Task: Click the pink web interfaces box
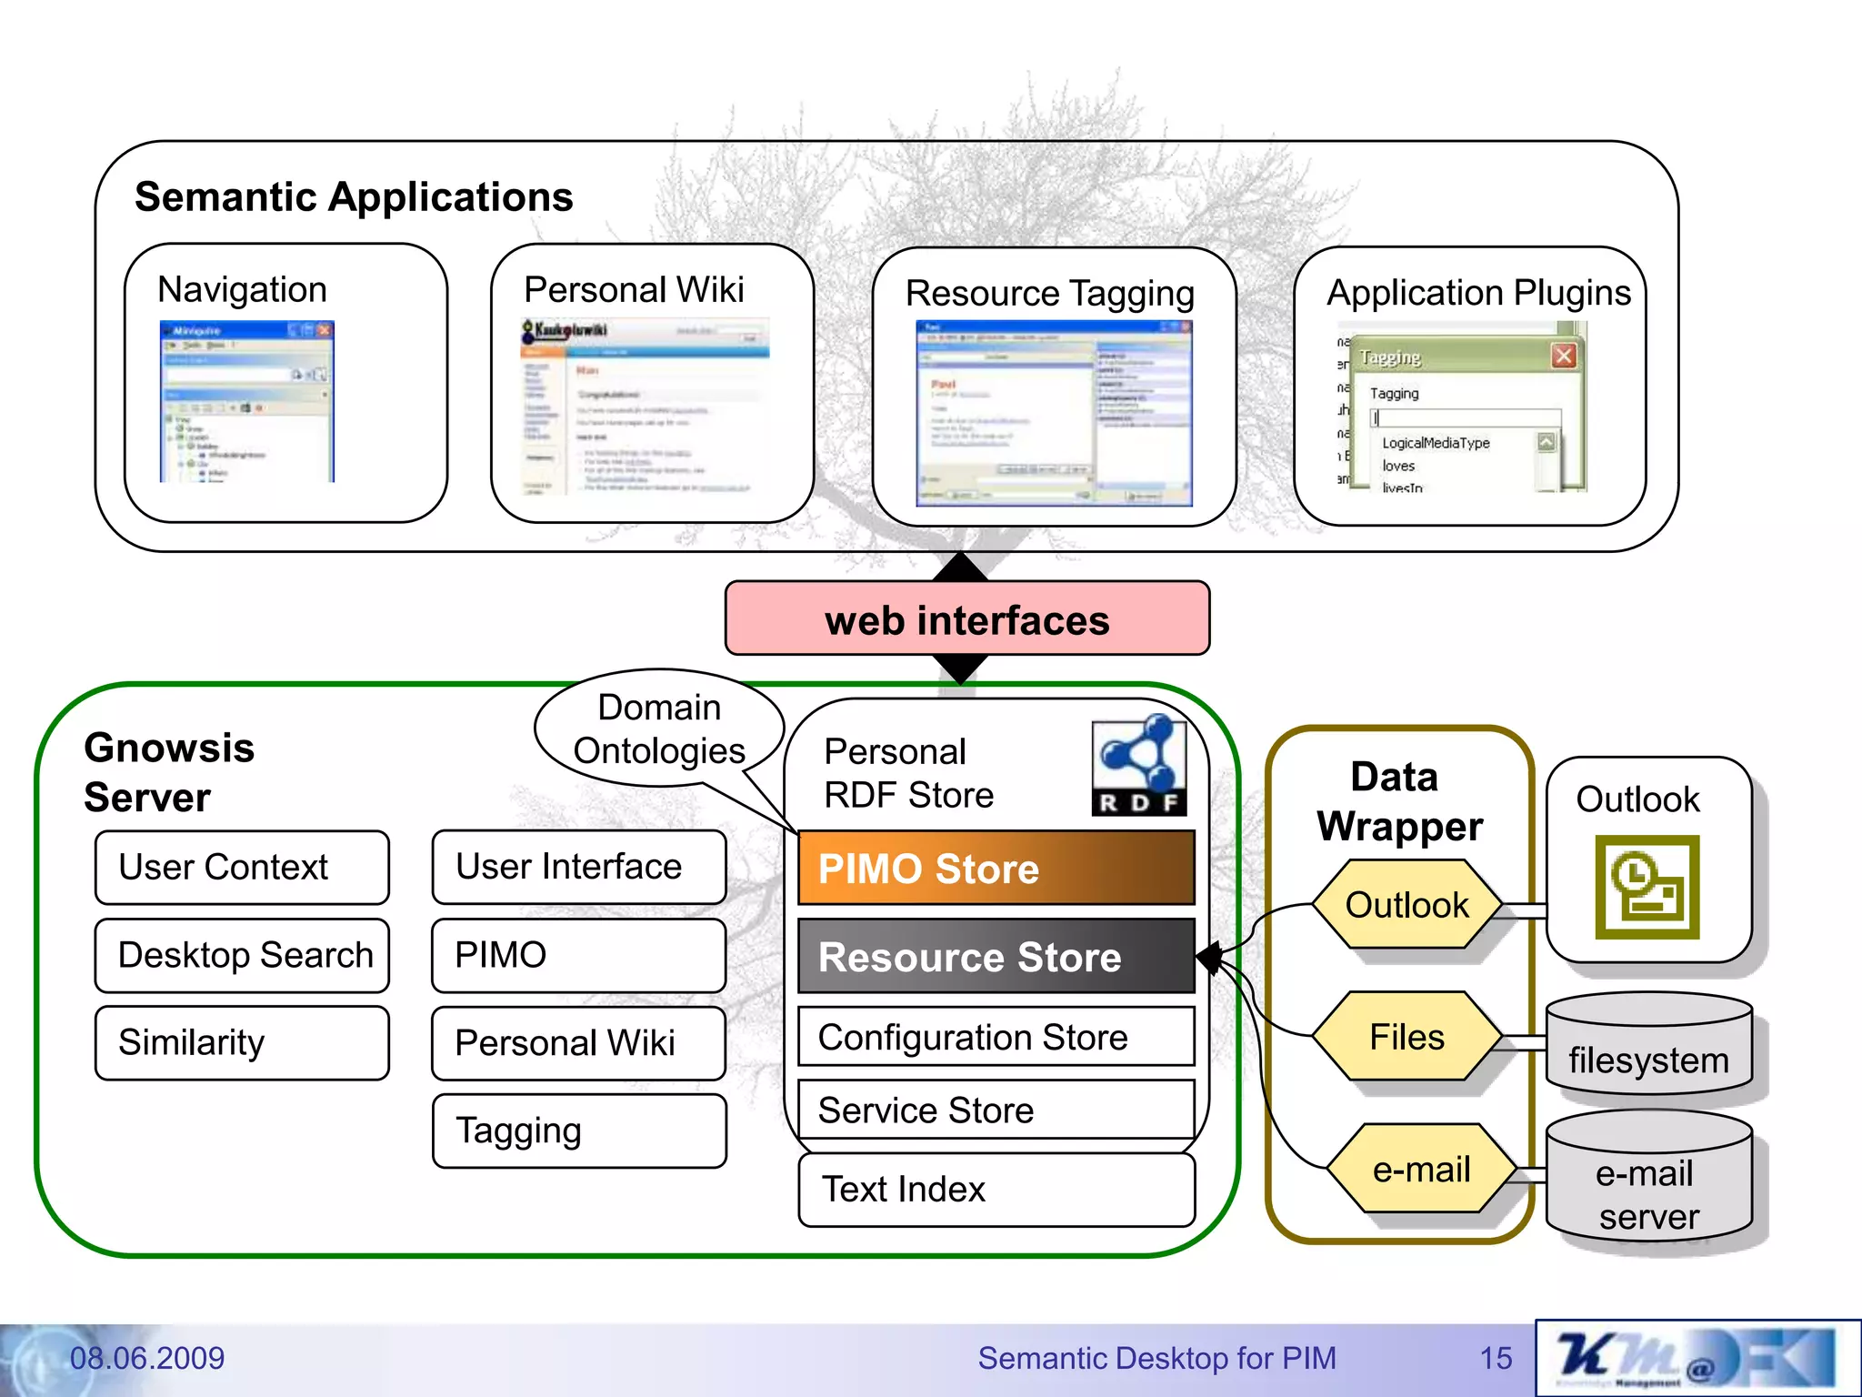[966, 618]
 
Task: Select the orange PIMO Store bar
[996, 868]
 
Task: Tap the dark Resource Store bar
[996, 956]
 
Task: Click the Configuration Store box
[996, 1037]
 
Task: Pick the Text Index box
[996, 1189]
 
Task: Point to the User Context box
[242, 867]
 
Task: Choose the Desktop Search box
[242, 955]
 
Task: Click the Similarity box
[242, 1042]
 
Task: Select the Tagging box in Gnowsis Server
[579, 1131]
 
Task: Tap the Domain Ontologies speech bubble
[659, 729]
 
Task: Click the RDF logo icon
[1138, 765]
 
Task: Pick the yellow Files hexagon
[1407, 1037]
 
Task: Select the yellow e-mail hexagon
[1421, 1170]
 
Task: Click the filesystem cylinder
[1648, 1046]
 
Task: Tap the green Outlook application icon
[1647, 887]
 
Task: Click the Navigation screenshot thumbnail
[247, 401]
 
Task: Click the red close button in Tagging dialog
[1563, 356]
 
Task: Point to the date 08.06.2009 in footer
[147, 1358]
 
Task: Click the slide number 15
[1496, 1358]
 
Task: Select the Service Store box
[996, 1111]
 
